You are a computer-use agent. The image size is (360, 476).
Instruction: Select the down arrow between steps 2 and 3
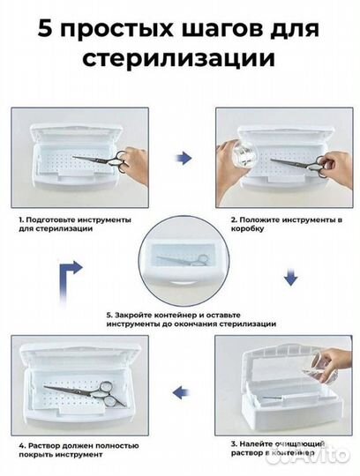click(289, 279)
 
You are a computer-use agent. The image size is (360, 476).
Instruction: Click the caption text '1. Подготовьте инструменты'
click(74, 219)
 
